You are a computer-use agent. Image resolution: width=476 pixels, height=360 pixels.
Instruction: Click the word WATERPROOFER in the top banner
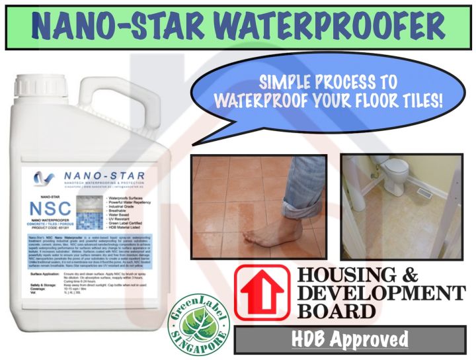coord(324,27)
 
